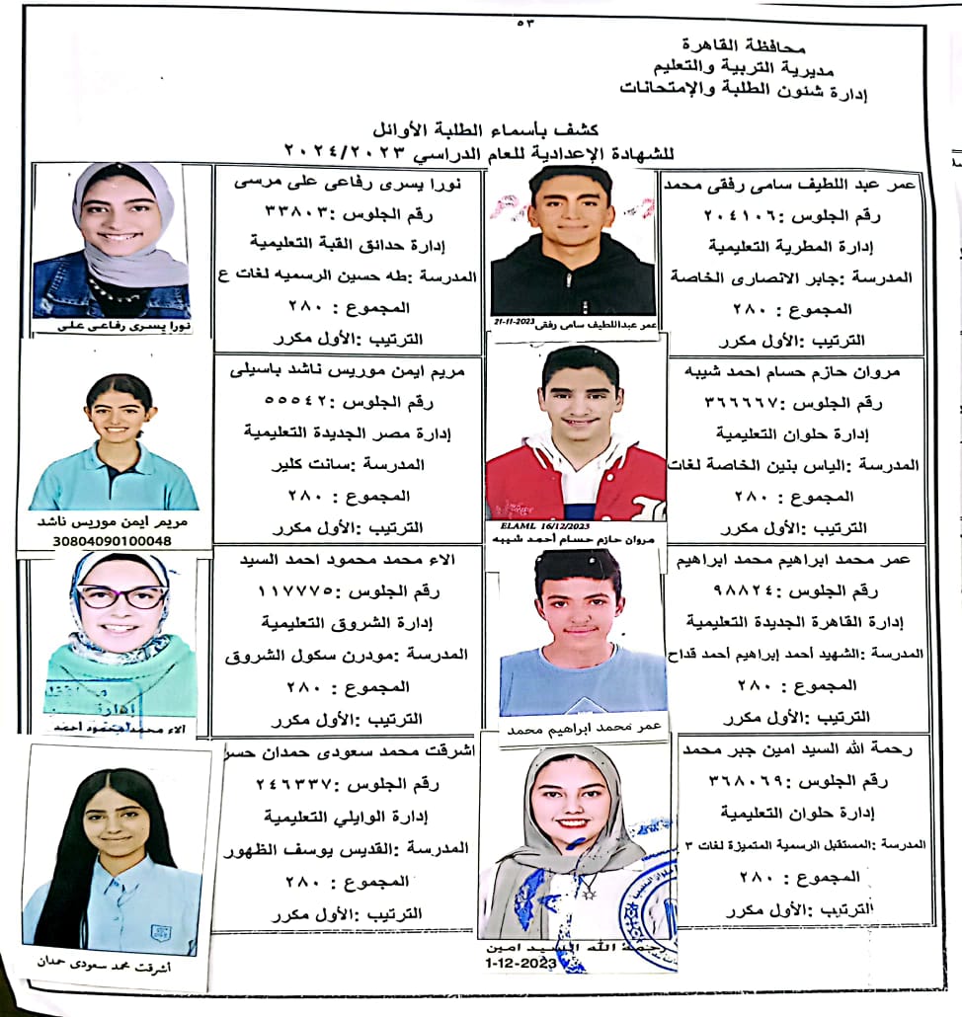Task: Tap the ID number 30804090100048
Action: tap(114, 541)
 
